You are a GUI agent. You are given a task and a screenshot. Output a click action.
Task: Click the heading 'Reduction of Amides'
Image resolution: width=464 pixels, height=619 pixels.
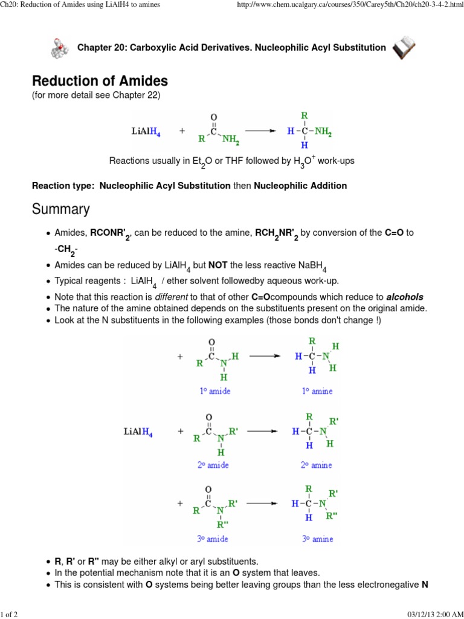pos(100,81)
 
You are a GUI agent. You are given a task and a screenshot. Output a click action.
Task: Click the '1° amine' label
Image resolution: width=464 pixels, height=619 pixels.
pos(317,391)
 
